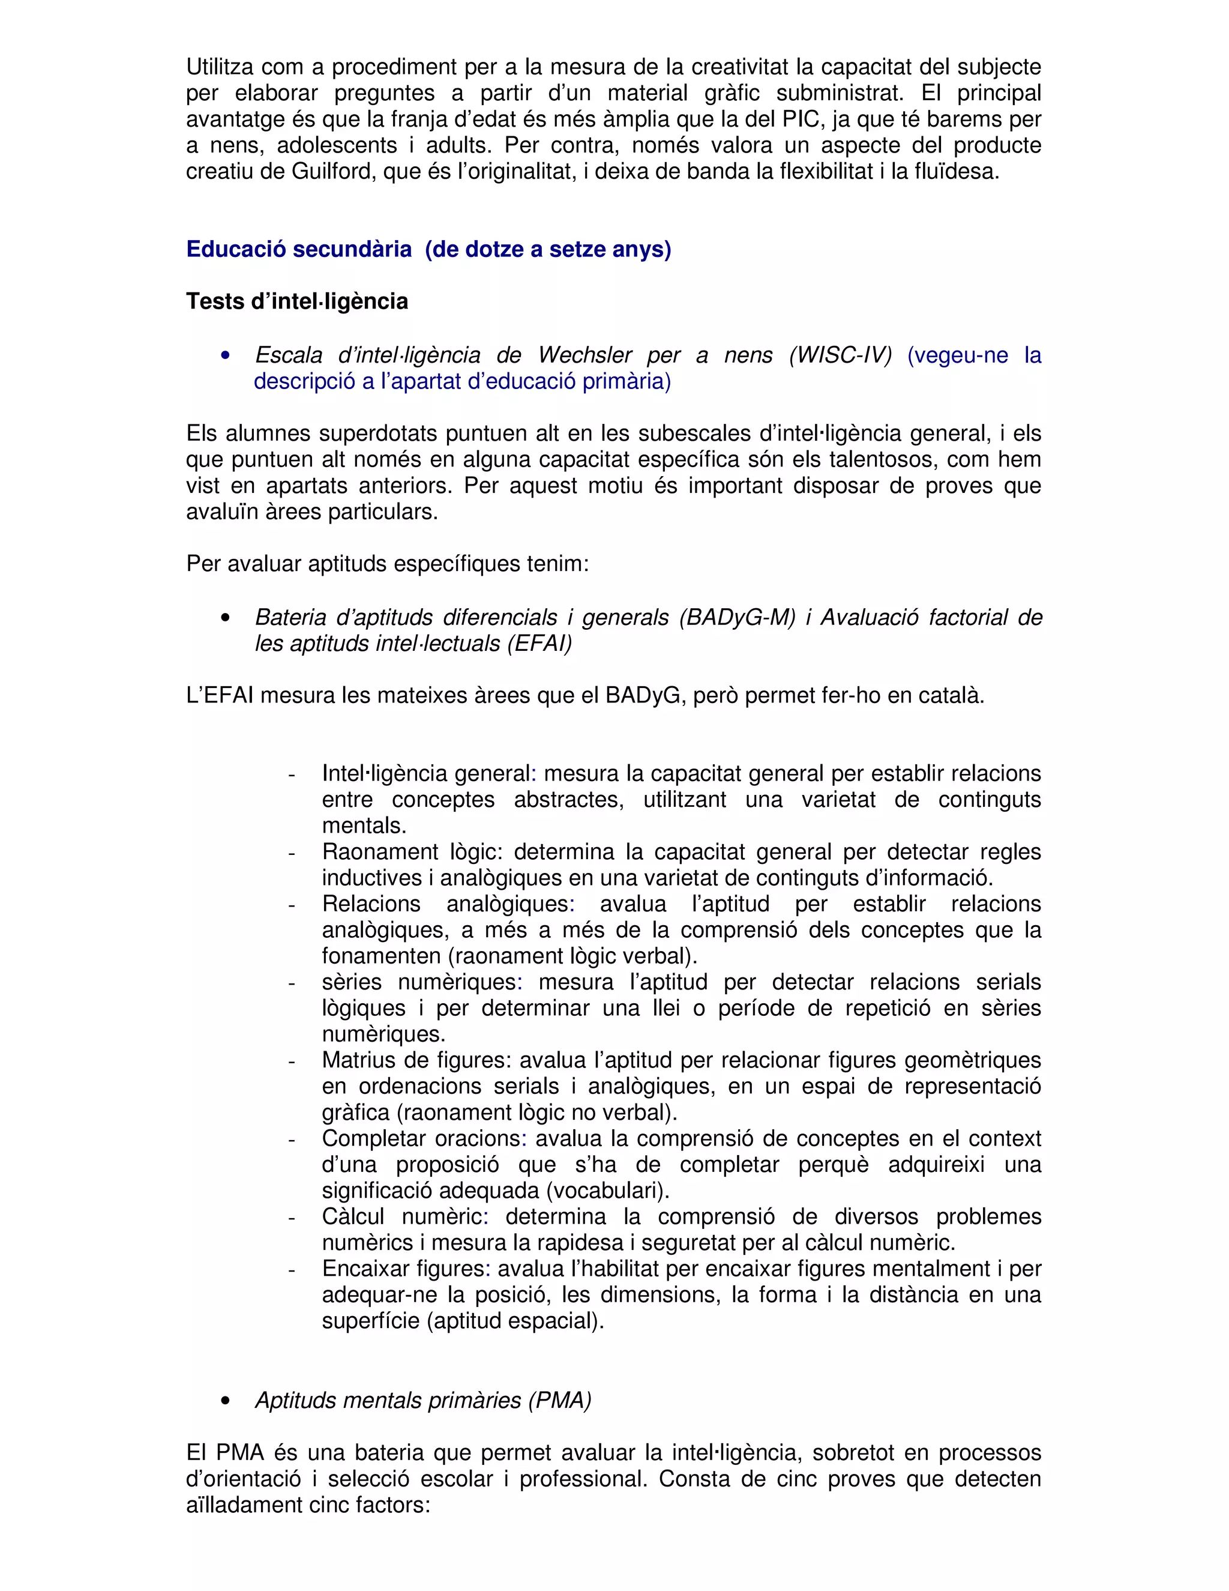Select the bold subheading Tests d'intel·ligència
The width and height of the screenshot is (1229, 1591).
click(297, 301)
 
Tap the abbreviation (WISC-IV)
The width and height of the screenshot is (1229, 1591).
click(840, 355)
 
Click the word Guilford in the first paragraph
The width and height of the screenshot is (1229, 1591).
click(334, 172)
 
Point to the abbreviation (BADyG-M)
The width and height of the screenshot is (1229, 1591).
click(736, 618)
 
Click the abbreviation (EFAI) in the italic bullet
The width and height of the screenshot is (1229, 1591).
click(539, 644)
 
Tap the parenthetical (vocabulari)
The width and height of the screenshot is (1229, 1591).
click(607, 1191)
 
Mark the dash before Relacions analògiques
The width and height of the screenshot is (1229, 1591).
click(292, 905)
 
